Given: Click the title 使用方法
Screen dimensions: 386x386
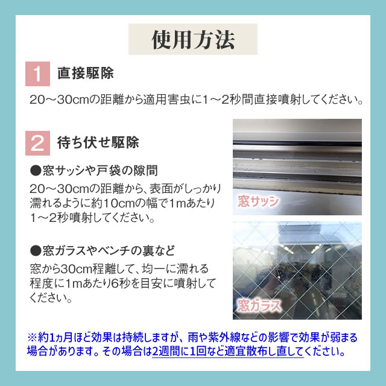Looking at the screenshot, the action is tap(193, 40).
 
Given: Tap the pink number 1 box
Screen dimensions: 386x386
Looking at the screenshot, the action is tap(37, 74).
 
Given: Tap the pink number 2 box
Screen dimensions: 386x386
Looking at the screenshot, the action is tap(37, 144).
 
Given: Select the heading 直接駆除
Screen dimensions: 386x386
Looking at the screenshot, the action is tap(86, 73).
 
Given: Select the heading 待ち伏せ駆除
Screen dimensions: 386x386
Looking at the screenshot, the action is tap(98, 142).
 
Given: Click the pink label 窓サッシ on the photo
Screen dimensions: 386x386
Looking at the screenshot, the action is tap(258, 201).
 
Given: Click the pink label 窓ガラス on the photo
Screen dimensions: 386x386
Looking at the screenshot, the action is tap(259, 306).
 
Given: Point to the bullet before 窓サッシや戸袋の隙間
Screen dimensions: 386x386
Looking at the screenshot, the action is tap(36, 171).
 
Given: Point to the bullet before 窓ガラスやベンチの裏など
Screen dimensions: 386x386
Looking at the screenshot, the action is tap(36, 251).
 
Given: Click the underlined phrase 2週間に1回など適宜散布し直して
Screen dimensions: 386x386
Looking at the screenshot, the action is tap(228, 351).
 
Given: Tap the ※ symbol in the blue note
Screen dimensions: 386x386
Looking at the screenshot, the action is tap(32, 338).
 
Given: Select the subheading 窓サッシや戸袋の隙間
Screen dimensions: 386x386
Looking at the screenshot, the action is tap(100, 171).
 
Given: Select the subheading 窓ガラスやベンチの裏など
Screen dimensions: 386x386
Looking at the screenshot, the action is tap(109, 251).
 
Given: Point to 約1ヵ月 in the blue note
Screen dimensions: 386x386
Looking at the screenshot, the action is tap(55, 338).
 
